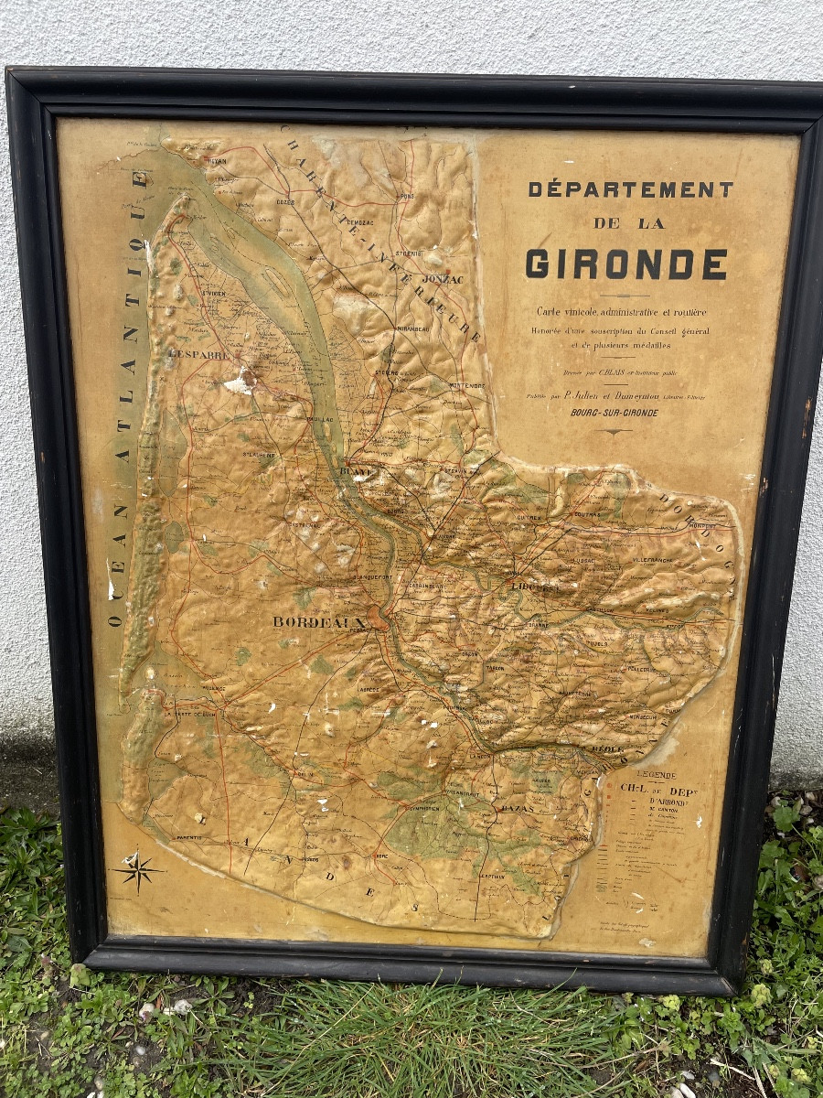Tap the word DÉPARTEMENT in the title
[631, 189]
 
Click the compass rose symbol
[138, 870]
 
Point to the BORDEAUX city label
[318, 622]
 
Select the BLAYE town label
[352, 473]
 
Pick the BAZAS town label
[518, 809]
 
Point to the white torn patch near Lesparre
[240, 383]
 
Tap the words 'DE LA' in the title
[628, 223]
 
